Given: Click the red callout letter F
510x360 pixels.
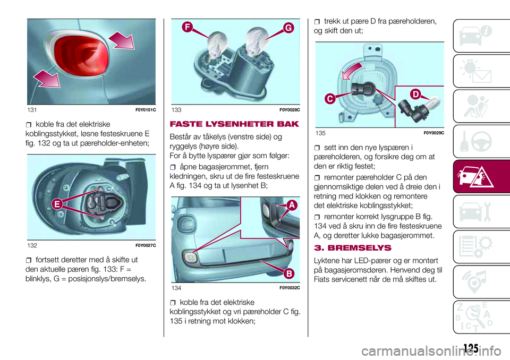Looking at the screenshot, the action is [x=188, y=27].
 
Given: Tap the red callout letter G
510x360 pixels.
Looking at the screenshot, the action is [x=288, y=28].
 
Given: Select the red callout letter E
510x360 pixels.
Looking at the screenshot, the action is [x=57, y=204].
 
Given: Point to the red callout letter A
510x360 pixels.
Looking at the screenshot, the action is [x=292, y=205].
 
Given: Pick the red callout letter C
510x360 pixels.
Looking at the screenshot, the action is [x=330, y=99].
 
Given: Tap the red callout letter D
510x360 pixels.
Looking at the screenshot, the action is [x=415, y=95].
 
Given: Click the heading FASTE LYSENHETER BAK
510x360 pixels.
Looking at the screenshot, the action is [x=234, y=124].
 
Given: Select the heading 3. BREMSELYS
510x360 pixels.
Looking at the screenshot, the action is [x=353, y=248].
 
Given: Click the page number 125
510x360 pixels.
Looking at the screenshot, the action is [x=471, y=348].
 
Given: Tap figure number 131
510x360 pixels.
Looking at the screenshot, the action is [x=32, y=110].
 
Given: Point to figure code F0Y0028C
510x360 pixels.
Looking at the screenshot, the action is [x=290, y=110].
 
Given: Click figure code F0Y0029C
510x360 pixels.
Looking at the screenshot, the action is [x=434, y=133].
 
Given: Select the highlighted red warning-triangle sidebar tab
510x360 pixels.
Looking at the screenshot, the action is [x=481, y=177].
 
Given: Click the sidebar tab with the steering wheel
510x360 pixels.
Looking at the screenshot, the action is [x=481, y=141].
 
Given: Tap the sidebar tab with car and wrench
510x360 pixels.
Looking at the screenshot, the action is [x=481, y=212].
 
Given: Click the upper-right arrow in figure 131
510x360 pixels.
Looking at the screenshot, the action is [x=122, y=40].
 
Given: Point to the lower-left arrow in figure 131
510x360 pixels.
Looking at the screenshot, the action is [x=47, y=79].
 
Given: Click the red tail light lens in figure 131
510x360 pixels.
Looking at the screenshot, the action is [x=81, y=55].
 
